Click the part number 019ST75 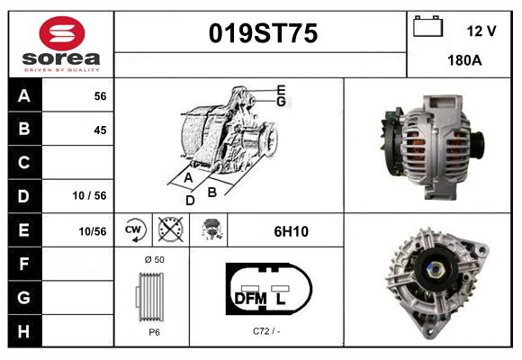263,34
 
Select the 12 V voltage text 481,31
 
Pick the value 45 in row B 99,130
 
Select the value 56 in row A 99,96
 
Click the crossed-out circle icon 169,231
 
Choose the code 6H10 291,231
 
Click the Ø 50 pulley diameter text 154,260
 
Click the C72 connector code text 265,331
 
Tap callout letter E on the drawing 281,90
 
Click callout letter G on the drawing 281,102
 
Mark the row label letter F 23,264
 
